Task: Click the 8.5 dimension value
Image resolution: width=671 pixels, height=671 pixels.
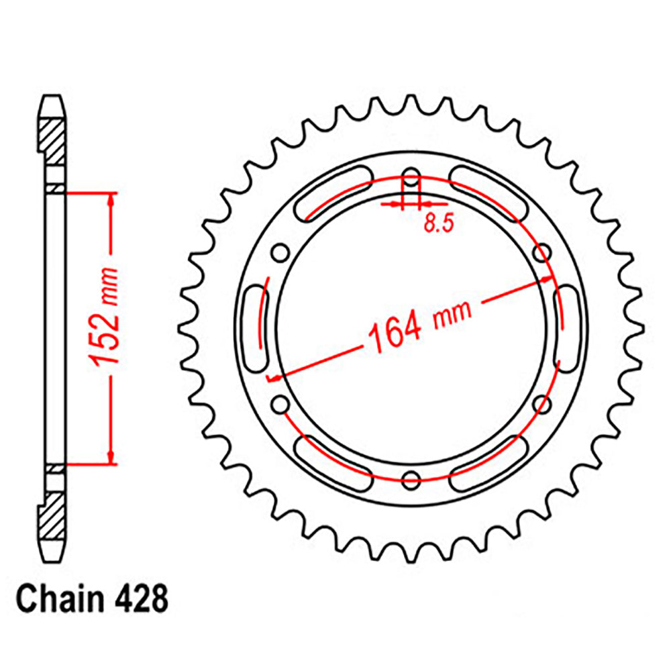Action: pyautogui.click(x=437, y=224)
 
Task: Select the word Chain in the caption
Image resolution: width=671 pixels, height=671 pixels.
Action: pyautogui.click(x=56, y=599)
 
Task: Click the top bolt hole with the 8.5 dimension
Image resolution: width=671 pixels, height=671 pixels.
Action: pyautogui.click(x=411, y=183)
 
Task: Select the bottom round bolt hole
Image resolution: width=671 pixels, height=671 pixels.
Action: pyautogui.click(x=411, y=478)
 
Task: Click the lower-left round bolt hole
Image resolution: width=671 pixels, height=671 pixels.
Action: pyautogui.click(x=280, y=404)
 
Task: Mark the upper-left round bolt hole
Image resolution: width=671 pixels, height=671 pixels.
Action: pyautogui.click(x=280, y=254)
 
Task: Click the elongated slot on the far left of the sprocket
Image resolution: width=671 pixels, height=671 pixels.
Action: pyautogui.click(x=256, y=329)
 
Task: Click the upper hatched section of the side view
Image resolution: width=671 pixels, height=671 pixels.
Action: pyautogui.click(x=54, y=141)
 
